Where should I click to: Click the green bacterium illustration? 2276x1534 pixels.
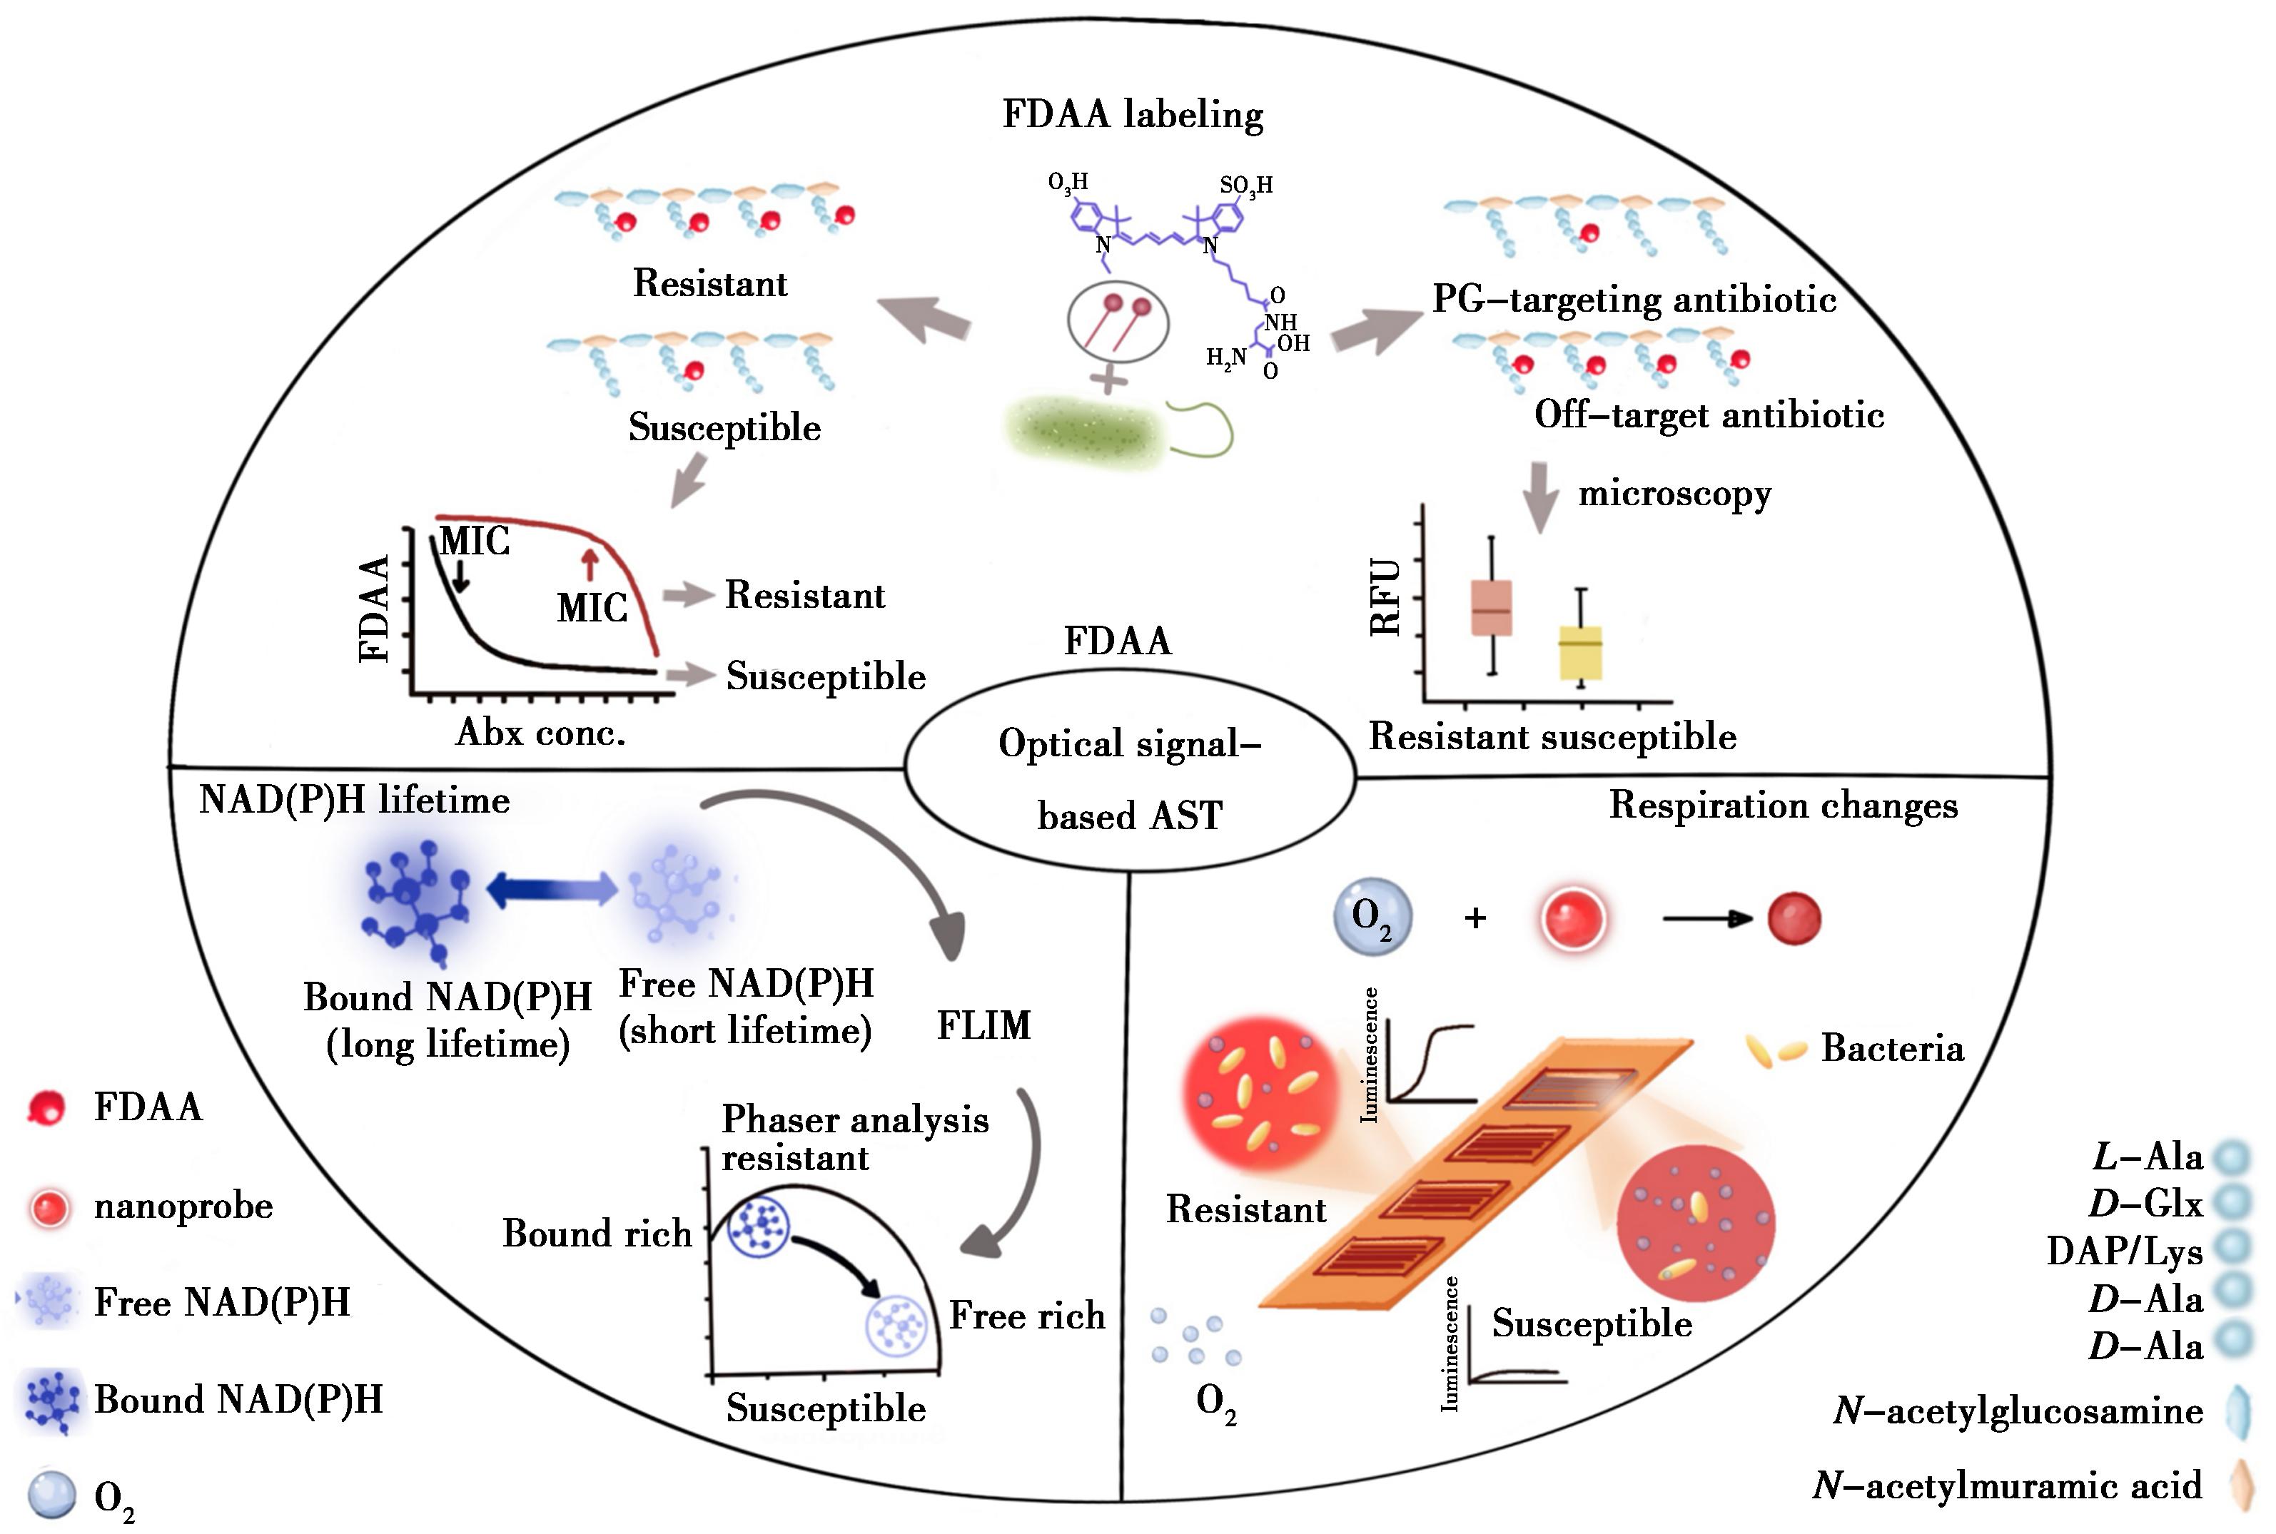coord(1086,427)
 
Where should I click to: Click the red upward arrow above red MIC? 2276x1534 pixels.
coord(588,566)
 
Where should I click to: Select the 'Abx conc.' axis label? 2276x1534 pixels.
coord(540,732)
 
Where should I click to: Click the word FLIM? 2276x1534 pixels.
coord(983,1025)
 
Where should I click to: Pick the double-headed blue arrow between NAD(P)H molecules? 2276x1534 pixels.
coord(552,888)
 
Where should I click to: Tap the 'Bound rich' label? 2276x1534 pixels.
coord(597,1233)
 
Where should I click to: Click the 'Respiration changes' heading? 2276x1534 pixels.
coord(1784,805)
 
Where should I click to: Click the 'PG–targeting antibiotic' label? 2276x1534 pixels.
coord(1634,300)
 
